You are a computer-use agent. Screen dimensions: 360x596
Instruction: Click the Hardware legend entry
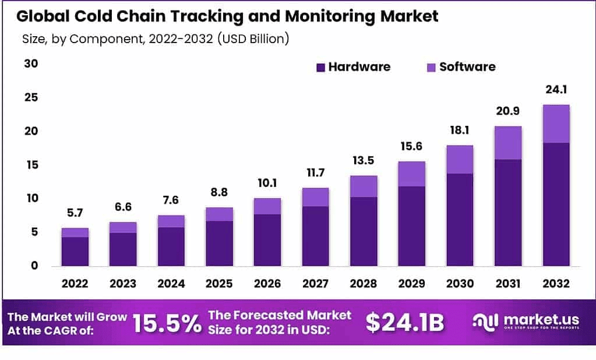point(353,67)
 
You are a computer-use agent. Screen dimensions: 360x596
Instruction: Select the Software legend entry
point(460,67)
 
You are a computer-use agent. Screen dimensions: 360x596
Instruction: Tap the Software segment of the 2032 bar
point(555,123)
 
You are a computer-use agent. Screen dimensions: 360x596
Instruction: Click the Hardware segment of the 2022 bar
point(75,251)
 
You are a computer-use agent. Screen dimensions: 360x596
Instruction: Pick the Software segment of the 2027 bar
point(315,197)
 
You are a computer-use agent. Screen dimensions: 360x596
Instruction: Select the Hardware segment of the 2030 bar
point(459,220)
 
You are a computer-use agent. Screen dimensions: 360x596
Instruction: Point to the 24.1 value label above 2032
point(555,90)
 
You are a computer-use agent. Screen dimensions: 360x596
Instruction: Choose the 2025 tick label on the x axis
point(219,284)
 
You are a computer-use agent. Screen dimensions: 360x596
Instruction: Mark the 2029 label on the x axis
point(411,284)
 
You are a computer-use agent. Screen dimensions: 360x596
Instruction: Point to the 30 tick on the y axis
point(31,63)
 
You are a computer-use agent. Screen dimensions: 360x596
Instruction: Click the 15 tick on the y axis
point(31,165)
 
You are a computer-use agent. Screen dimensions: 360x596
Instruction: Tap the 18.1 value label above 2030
point(459,131)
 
